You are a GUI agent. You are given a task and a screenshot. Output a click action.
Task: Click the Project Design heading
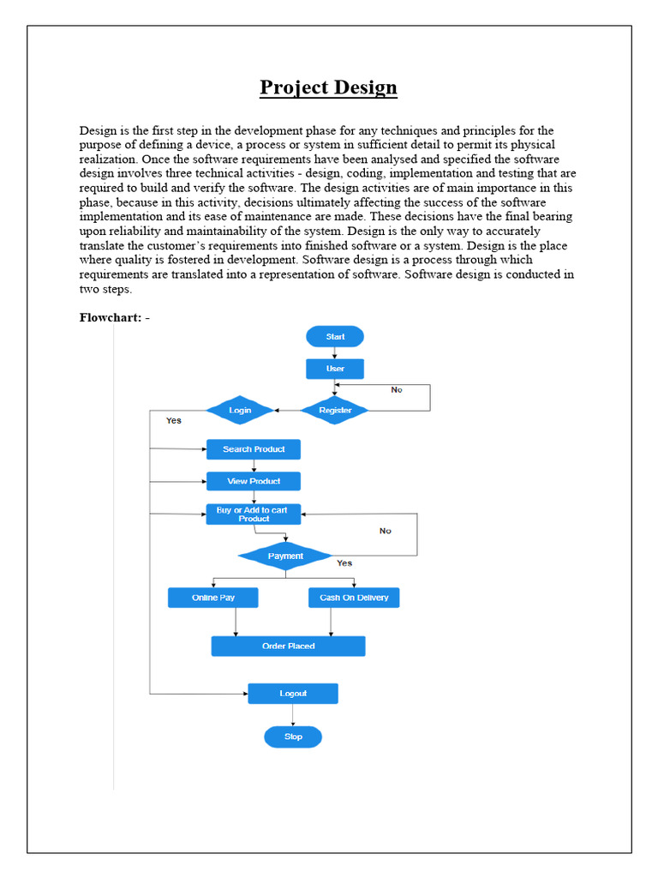point(329,87)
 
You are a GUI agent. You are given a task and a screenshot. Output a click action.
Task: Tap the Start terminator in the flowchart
point(335,337)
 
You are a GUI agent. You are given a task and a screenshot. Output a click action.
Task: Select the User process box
point(335,369)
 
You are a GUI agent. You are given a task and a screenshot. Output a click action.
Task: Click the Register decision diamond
point(335,411)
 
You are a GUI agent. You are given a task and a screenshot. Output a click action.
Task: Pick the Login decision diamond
point(240,411)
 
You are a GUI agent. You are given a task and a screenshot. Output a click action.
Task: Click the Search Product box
point(254,449)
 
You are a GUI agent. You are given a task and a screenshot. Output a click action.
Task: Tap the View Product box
point(254,481)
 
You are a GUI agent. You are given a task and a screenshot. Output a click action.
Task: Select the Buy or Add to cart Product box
point(254,514)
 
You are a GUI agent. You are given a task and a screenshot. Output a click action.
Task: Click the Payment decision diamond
point(285,556)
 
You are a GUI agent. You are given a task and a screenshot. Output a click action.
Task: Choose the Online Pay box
point(213,598)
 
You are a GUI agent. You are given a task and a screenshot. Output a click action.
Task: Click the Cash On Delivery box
point(354,598)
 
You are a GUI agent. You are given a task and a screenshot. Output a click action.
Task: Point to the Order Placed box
point(288,646)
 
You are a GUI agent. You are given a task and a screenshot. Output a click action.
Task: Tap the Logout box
point(293,694)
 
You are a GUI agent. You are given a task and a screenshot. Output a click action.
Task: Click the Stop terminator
point(293,737)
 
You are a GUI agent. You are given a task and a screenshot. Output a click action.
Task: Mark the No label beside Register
point(397,390)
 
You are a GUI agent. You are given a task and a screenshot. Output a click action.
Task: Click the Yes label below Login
point(174,421)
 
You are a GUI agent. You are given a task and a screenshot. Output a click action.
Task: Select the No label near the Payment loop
point(386,531)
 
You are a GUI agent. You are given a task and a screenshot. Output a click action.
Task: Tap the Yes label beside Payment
point(344,563)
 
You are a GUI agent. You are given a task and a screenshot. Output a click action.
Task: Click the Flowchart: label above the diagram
point(115,318)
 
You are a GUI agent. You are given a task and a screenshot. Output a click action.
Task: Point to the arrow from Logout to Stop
point(293,715)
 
